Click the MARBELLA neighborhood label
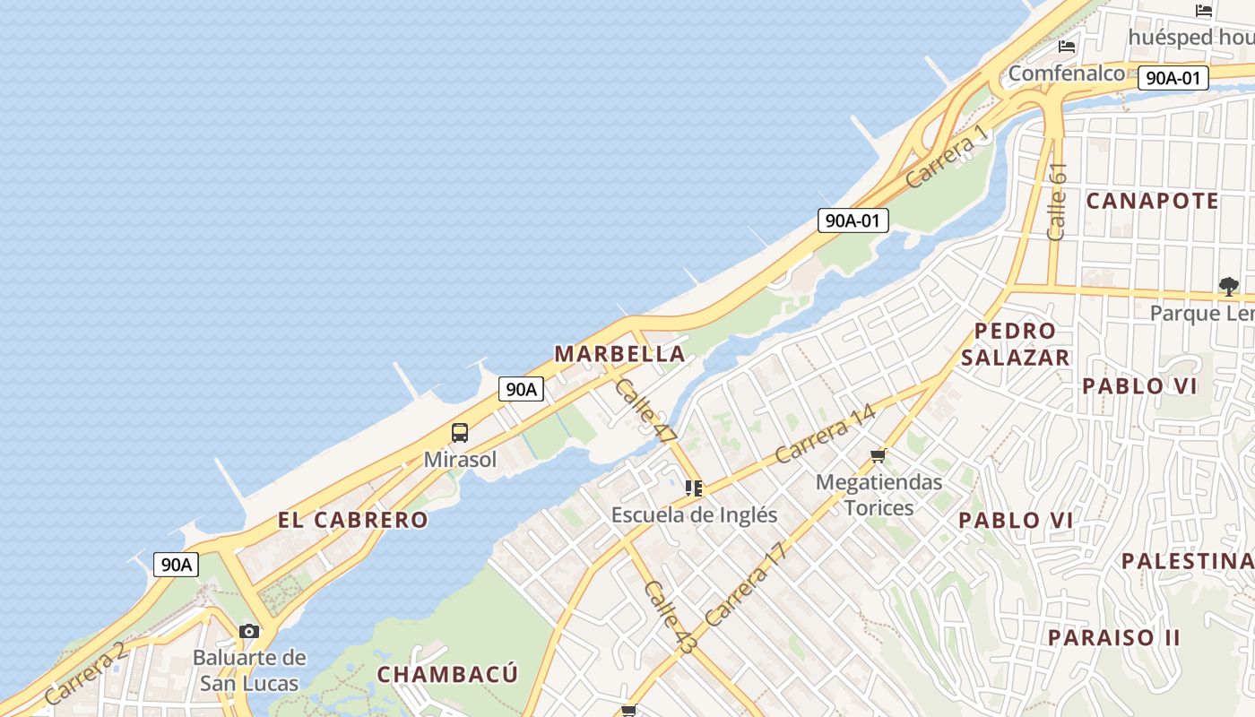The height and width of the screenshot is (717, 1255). coord(619,354)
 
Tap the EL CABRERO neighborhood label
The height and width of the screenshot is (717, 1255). coord(352,520)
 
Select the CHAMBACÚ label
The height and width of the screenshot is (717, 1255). coord(447,674)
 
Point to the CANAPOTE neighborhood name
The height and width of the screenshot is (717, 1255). coord(1152,201)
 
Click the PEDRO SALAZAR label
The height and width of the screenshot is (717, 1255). coord(1016,344)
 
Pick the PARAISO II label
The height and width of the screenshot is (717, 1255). coord(1114,638)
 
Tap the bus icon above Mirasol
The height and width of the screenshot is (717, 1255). coord(460,433)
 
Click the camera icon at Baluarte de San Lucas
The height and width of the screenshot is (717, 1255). coord(249,631)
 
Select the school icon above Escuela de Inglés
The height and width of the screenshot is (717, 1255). coord(693,488)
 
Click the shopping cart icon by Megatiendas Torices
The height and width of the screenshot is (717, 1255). coord(878,455)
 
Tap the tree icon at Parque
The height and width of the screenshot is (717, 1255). coord(1228,287)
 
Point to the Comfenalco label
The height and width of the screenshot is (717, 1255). coord(1066,73)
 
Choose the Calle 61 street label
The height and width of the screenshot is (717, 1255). coord(1057,201)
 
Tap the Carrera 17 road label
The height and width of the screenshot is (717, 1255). coord(745,583)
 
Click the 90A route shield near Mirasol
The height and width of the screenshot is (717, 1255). coord(521,389)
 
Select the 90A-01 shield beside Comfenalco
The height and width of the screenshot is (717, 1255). coord(1173,78)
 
